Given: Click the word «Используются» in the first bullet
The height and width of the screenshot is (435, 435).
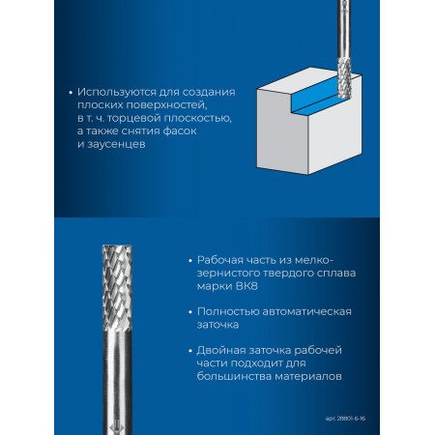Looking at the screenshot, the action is (x=117, y=93).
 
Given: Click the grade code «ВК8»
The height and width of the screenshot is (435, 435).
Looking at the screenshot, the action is (x=246, y=286).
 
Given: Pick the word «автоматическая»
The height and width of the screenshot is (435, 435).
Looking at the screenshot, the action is (x=306, y=312).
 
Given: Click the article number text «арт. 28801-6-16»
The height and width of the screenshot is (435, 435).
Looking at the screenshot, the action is (x=345, y=419).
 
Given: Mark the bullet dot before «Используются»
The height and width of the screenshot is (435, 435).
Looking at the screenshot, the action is (x=71, y=93).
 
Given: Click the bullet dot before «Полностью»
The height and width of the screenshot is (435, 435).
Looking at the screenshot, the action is (x=190, y=312).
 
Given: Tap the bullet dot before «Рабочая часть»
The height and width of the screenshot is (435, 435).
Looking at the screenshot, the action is (x=190, y=260).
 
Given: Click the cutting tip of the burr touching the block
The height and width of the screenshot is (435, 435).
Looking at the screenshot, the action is (x=343, y=98).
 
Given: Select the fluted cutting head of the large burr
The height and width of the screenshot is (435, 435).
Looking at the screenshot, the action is (x=117, y=287).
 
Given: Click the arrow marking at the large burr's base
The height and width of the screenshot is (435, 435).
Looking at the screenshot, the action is (x=117, y=427).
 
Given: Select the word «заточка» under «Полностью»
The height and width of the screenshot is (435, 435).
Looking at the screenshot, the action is (x=217, y=325).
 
